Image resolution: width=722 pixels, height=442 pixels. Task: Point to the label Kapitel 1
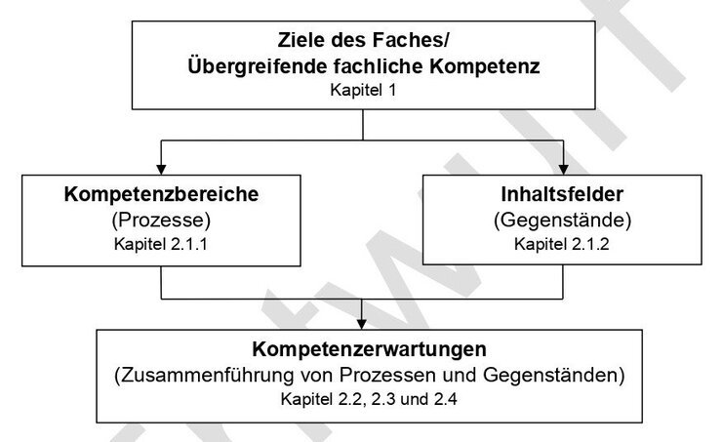pyautogui.click(x=363, y=90)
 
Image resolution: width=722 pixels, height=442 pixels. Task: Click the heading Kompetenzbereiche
pyautogui.click(x=161, y=194)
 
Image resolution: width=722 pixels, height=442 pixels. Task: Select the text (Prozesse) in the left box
pyautogui.click(x=161, y=221)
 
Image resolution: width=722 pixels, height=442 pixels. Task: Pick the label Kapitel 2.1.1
pyautogui.click(x=161, y=244)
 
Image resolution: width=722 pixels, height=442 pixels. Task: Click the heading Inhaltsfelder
pyautogui.click(x=562, y=194)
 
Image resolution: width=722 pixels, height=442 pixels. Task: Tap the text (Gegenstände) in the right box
pyautogui.click(x=562, y=221)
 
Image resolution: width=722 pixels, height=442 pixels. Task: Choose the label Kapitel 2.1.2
pyautogui.click(x=562, y=244)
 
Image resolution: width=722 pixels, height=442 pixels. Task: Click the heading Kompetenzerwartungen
pyautogui.click(x=369, y=349)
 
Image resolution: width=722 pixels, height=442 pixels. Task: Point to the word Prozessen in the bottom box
pyautogui.click(x=388, y=376)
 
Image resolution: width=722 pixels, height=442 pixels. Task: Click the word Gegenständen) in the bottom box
pyautogui.click(x=554, y=376)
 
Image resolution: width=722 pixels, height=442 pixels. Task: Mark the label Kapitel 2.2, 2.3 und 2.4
pyautogui.click(x=369, y=399)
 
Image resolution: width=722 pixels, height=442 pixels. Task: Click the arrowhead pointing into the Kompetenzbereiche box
pyautogui.click(x=161, y=169)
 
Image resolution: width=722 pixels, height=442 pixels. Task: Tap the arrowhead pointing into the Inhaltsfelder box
pyautogui.click(x=563, y=169)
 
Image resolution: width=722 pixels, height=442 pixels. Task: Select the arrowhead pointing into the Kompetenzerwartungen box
pyautogui.click(x=362, y=324)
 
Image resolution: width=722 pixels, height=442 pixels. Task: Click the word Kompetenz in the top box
pyautogui.click(x=485, y=65)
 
